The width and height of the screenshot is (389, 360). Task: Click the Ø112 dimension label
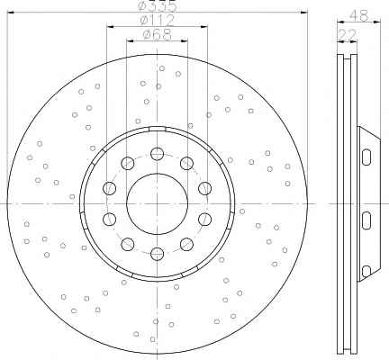coord(157,21)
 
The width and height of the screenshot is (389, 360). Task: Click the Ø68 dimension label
coord(157,34)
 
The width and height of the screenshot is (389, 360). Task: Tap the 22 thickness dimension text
coord(348,35)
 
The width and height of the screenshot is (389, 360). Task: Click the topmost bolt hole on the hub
coord(157,154)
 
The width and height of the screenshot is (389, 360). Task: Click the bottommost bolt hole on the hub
coord(157,254)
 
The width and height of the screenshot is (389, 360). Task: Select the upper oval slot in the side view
coord(366,157)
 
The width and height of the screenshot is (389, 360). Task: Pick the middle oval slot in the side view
coord(366,220)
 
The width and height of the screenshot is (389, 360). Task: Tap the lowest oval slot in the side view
coord(366,272)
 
